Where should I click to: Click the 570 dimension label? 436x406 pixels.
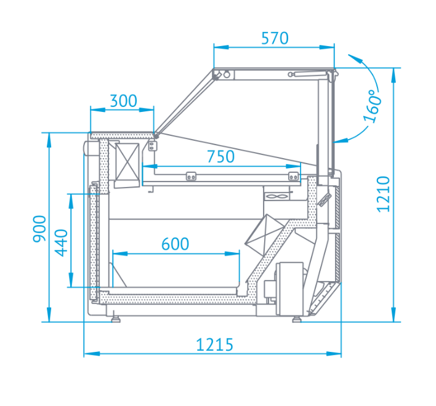click(x=275, y=38)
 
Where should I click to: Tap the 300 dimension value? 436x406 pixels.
click(x=123, y=101)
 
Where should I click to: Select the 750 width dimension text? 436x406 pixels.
click(x=221, y=157)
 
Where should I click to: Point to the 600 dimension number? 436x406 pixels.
click(x=175, y=244)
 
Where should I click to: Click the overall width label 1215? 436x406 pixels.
click(x=215, y=345)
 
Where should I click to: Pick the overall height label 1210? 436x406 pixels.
click(x=383, y=194)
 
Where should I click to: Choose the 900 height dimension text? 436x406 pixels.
click(x=39, y=229)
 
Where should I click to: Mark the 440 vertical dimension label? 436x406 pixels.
click(x=61, y=243)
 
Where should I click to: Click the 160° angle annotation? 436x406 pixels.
click(x=373, y=106)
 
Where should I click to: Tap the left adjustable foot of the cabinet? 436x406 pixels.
click(x=115, y=319)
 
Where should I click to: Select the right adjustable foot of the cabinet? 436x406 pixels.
click(x=297, y=319)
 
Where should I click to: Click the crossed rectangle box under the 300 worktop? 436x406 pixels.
click(x=127, y=162)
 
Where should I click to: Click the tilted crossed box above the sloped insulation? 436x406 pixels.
click(x=264, y=234)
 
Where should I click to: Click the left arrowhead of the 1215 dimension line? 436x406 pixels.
click(x=92, y=354)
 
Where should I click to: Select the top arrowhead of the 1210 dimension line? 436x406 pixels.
click(x=394, y=75)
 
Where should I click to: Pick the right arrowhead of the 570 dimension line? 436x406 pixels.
click(x=327, y=47)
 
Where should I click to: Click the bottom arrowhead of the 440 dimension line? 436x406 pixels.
click(x=71, y=280)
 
